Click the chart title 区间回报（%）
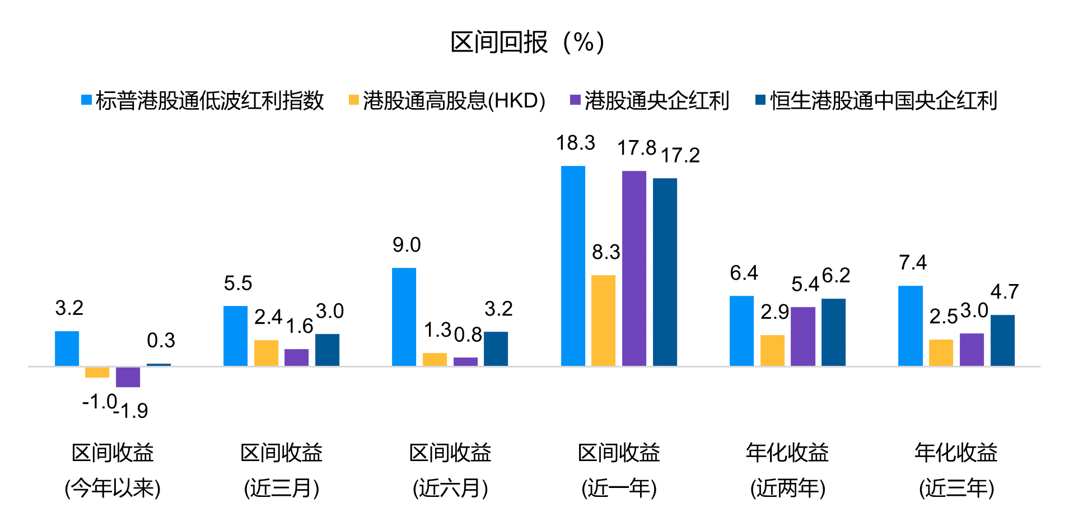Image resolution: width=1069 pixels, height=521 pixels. pos(528,43)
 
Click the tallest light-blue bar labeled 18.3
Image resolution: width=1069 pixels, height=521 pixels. pos(573,266)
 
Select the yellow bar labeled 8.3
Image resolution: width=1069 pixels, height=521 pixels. pos(603,320)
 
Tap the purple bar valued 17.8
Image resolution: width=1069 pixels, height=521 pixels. pos(634,269)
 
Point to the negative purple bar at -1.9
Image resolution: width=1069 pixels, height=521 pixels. pos(128,377)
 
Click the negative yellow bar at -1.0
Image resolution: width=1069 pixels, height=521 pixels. pos(97,373)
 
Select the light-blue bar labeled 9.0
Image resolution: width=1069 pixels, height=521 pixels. pos(404,317)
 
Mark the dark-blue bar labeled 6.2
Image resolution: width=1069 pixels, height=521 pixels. pos(833,332)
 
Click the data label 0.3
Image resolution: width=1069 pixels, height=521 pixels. pos(161,341)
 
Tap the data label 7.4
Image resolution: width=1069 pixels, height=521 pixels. pos(912,263)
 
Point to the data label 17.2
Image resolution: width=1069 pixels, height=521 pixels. pos(680,156)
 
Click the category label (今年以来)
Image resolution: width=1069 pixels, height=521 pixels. pos(113,488)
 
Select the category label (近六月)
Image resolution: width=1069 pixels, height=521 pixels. pos(450,488)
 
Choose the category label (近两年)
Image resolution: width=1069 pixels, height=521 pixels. pos(787,488)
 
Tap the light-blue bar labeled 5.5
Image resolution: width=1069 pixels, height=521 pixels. pos(235,336)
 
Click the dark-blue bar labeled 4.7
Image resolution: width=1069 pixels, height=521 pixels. pos(1002,341)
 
